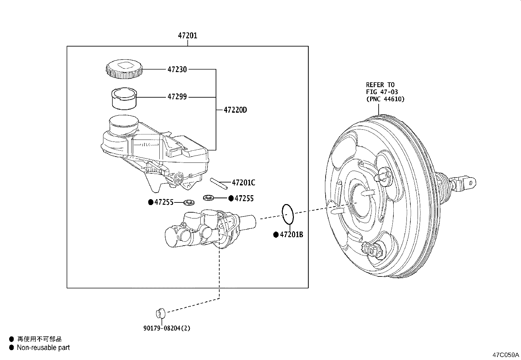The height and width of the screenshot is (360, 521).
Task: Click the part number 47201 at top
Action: click(x=188, y=35)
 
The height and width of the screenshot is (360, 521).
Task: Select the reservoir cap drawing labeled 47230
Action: click(x=124, y=69)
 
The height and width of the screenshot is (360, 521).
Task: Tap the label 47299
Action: click(x=177, y=97)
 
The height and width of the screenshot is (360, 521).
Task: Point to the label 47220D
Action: click(x=235, y=110)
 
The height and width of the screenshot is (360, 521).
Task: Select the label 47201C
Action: click(x=243, y=183)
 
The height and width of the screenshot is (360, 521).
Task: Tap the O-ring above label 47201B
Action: click(x=288, y=214)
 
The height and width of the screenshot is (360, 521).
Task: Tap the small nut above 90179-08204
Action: click(x=160, y=313)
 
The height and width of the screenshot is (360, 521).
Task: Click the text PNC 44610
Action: click(x=385, y=99)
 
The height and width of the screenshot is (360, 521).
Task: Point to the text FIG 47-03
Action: click(x=382, y=92)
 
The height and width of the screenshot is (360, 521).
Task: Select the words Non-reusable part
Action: click(x=43, y=348)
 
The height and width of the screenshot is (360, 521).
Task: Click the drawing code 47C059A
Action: click(x=506, y=355)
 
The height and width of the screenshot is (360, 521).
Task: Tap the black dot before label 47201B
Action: click(x=276, y=235)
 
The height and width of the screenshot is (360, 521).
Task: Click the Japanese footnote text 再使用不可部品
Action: click(x=39, y=339)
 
